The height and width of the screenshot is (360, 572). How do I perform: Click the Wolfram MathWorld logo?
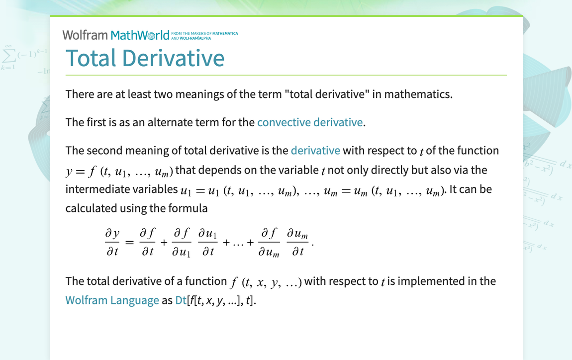[115, 35]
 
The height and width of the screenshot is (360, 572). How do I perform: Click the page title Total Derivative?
[145, 58]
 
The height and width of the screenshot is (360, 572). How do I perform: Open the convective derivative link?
[310, 122]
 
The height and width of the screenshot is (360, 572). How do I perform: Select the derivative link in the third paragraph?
[315, 151]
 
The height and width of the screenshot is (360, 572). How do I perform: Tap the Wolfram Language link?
[112, 300]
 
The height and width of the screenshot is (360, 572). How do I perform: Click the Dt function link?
[181, 300]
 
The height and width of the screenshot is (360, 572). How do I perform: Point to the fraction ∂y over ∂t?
[112, 242]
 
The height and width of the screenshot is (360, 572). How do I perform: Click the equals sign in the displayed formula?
[129, 243]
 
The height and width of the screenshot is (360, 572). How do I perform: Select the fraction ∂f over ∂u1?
[182, 242]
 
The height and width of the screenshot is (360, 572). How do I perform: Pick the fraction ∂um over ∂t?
[298, 242]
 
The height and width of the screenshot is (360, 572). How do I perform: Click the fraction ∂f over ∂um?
[269, 242]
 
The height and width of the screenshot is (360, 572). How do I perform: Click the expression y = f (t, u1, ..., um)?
[119, 171]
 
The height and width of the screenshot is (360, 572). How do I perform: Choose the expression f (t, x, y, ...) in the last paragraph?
[266, 282]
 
